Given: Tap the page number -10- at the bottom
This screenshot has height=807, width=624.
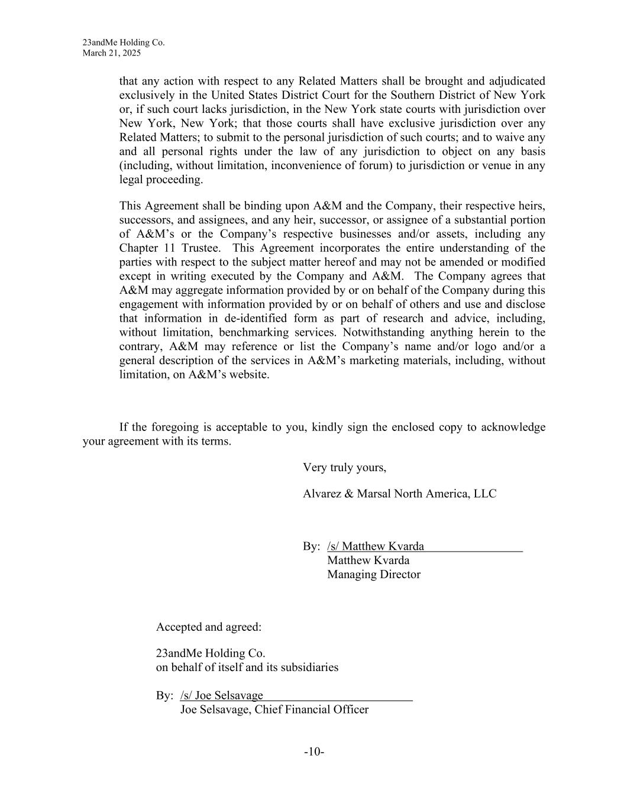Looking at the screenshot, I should [314, 752].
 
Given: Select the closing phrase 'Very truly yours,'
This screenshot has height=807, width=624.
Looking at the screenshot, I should [344, 468].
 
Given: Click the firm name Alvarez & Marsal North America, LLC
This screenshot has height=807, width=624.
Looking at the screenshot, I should [399, 494].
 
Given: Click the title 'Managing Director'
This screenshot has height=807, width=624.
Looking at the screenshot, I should [373, 575].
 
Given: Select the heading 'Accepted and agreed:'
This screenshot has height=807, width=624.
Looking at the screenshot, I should [208, 627].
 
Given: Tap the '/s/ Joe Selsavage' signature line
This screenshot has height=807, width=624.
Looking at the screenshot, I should [221, 696].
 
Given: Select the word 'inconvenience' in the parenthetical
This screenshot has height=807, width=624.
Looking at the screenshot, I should [306, 166].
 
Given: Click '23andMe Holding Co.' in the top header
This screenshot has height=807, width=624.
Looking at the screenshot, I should [124, 43].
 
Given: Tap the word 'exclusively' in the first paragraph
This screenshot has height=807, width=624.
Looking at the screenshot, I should [146, 95].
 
